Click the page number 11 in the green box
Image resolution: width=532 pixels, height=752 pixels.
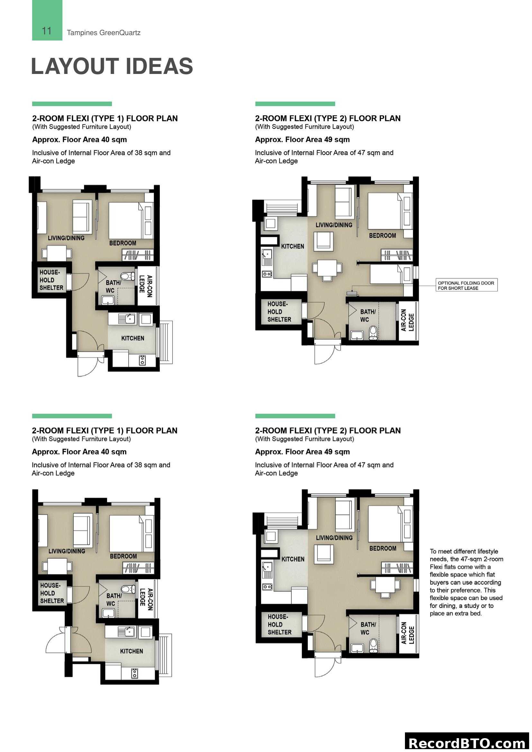tap(47, 31)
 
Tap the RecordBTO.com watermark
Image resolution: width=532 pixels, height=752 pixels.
tap(467, 743)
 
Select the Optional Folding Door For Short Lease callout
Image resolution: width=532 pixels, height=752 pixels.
tap(466, 285)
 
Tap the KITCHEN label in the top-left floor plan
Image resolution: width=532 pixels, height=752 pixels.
tap(133, 338)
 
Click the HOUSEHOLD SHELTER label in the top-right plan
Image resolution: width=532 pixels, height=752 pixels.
tap(279, 312)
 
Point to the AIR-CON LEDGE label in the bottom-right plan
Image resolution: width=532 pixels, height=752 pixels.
tap(408, 632)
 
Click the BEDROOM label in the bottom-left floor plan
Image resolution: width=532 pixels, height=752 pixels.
tap(123, 556)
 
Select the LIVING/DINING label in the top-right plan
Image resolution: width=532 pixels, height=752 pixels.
tap(334, 225)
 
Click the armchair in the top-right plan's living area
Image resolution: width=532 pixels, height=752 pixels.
tap(324, 241)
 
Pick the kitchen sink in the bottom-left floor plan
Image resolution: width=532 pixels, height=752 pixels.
tap(126, 632)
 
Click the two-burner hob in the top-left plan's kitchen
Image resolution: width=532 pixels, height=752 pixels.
tap(142, 360)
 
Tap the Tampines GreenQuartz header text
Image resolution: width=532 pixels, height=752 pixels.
tap(104, 33)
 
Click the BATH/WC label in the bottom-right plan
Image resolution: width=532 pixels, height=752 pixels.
tap(368, 628)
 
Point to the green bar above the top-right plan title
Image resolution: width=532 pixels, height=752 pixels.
tap(295, 104)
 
